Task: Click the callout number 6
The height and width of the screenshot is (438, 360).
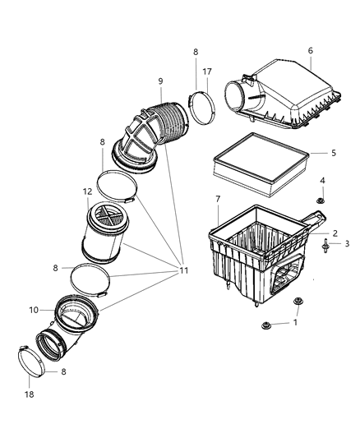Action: click(x=311, y=50)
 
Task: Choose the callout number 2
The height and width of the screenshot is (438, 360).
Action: click(x=335, y=233)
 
